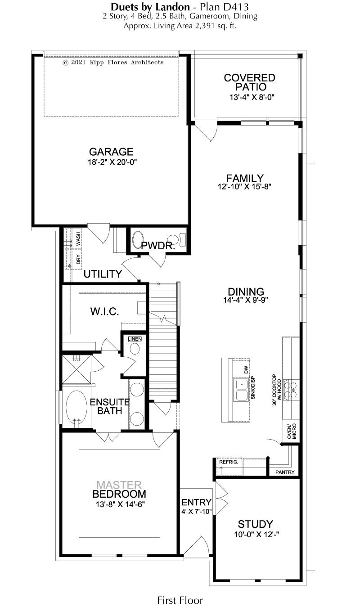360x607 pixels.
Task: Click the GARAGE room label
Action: tap(111, 152)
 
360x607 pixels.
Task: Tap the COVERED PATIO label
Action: tap(250, 82)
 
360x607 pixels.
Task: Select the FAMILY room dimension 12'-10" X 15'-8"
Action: tap(244, 186)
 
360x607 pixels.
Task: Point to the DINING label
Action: tap(246, 292)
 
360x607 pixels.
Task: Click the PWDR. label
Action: tap(158, 246)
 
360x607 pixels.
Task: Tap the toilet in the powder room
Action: tap(178, 240)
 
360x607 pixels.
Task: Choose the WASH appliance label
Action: tap(78, 238)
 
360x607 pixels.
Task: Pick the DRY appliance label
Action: tap(78, 259)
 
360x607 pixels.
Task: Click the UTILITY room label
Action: tap(103, 274)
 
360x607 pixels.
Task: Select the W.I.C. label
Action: tap(105, 312)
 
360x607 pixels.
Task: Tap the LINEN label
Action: tap(135, 339)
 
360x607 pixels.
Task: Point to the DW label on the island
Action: tap(246, 369)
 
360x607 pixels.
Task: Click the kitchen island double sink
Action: tap(241, 390)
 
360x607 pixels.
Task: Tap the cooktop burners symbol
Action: tap(291, 390)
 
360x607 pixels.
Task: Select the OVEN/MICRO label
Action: tap(292, 431)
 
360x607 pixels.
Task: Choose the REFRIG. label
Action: tap(229, 462)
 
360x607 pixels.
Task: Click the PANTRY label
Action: tap(285, 472)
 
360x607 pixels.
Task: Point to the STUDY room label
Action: tap(255, 524)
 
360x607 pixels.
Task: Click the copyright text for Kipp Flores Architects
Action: tap(113, 63)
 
